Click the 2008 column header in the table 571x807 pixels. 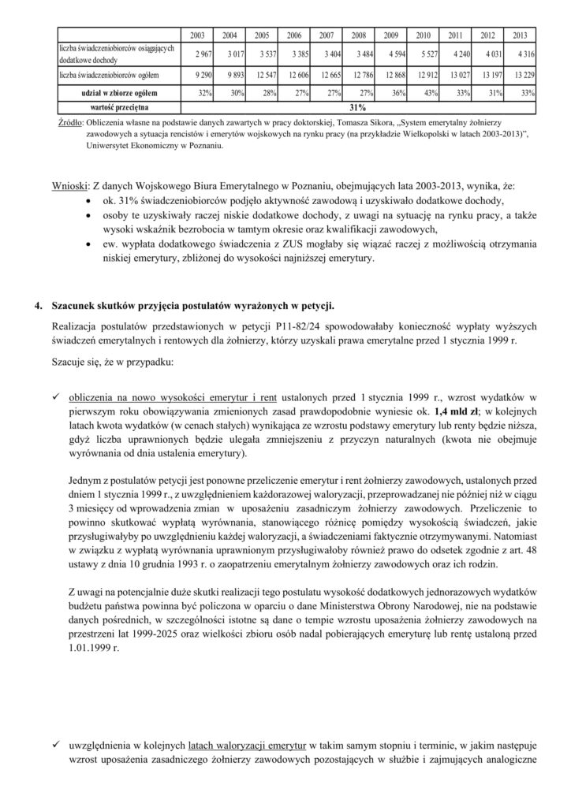click(x=358, y=35)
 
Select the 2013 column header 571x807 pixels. click(x=520, y=35)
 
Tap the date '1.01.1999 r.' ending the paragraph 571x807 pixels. click(x=94, y=651)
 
